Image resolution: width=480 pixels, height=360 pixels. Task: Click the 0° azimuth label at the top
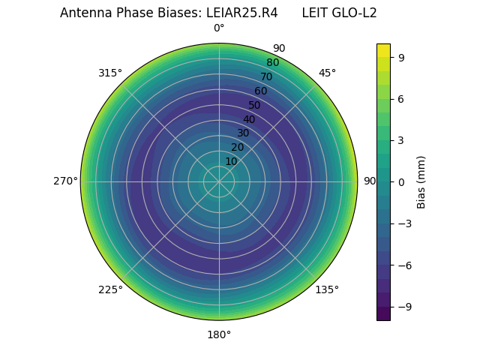219,28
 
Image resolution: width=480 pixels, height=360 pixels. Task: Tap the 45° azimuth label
327,73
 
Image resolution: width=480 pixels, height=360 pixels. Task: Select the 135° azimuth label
327,289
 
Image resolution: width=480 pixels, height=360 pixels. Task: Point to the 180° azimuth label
219,334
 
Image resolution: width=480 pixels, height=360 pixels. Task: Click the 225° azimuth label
110,289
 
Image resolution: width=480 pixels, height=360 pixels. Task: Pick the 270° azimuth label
65,181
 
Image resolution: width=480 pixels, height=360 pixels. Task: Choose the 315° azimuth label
110,73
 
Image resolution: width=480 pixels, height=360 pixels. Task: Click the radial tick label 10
231,161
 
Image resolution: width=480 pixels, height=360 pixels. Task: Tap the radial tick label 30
243,133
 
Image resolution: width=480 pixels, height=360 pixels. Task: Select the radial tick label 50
255,105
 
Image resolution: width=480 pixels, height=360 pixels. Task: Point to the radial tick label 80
272,63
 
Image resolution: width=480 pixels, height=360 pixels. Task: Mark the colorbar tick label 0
401,181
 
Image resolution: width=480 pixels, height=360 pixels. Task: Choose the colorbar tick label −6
404,265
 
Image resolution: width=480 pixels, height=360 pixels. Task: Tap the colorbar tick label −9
404,306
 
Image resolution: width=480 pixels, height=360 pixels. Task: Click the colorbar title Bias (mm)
421,181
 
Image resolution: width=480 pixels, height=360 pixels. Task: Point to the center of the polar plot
219,181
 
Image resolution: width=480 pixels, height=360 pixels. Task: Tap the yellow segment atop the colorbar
383,49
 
